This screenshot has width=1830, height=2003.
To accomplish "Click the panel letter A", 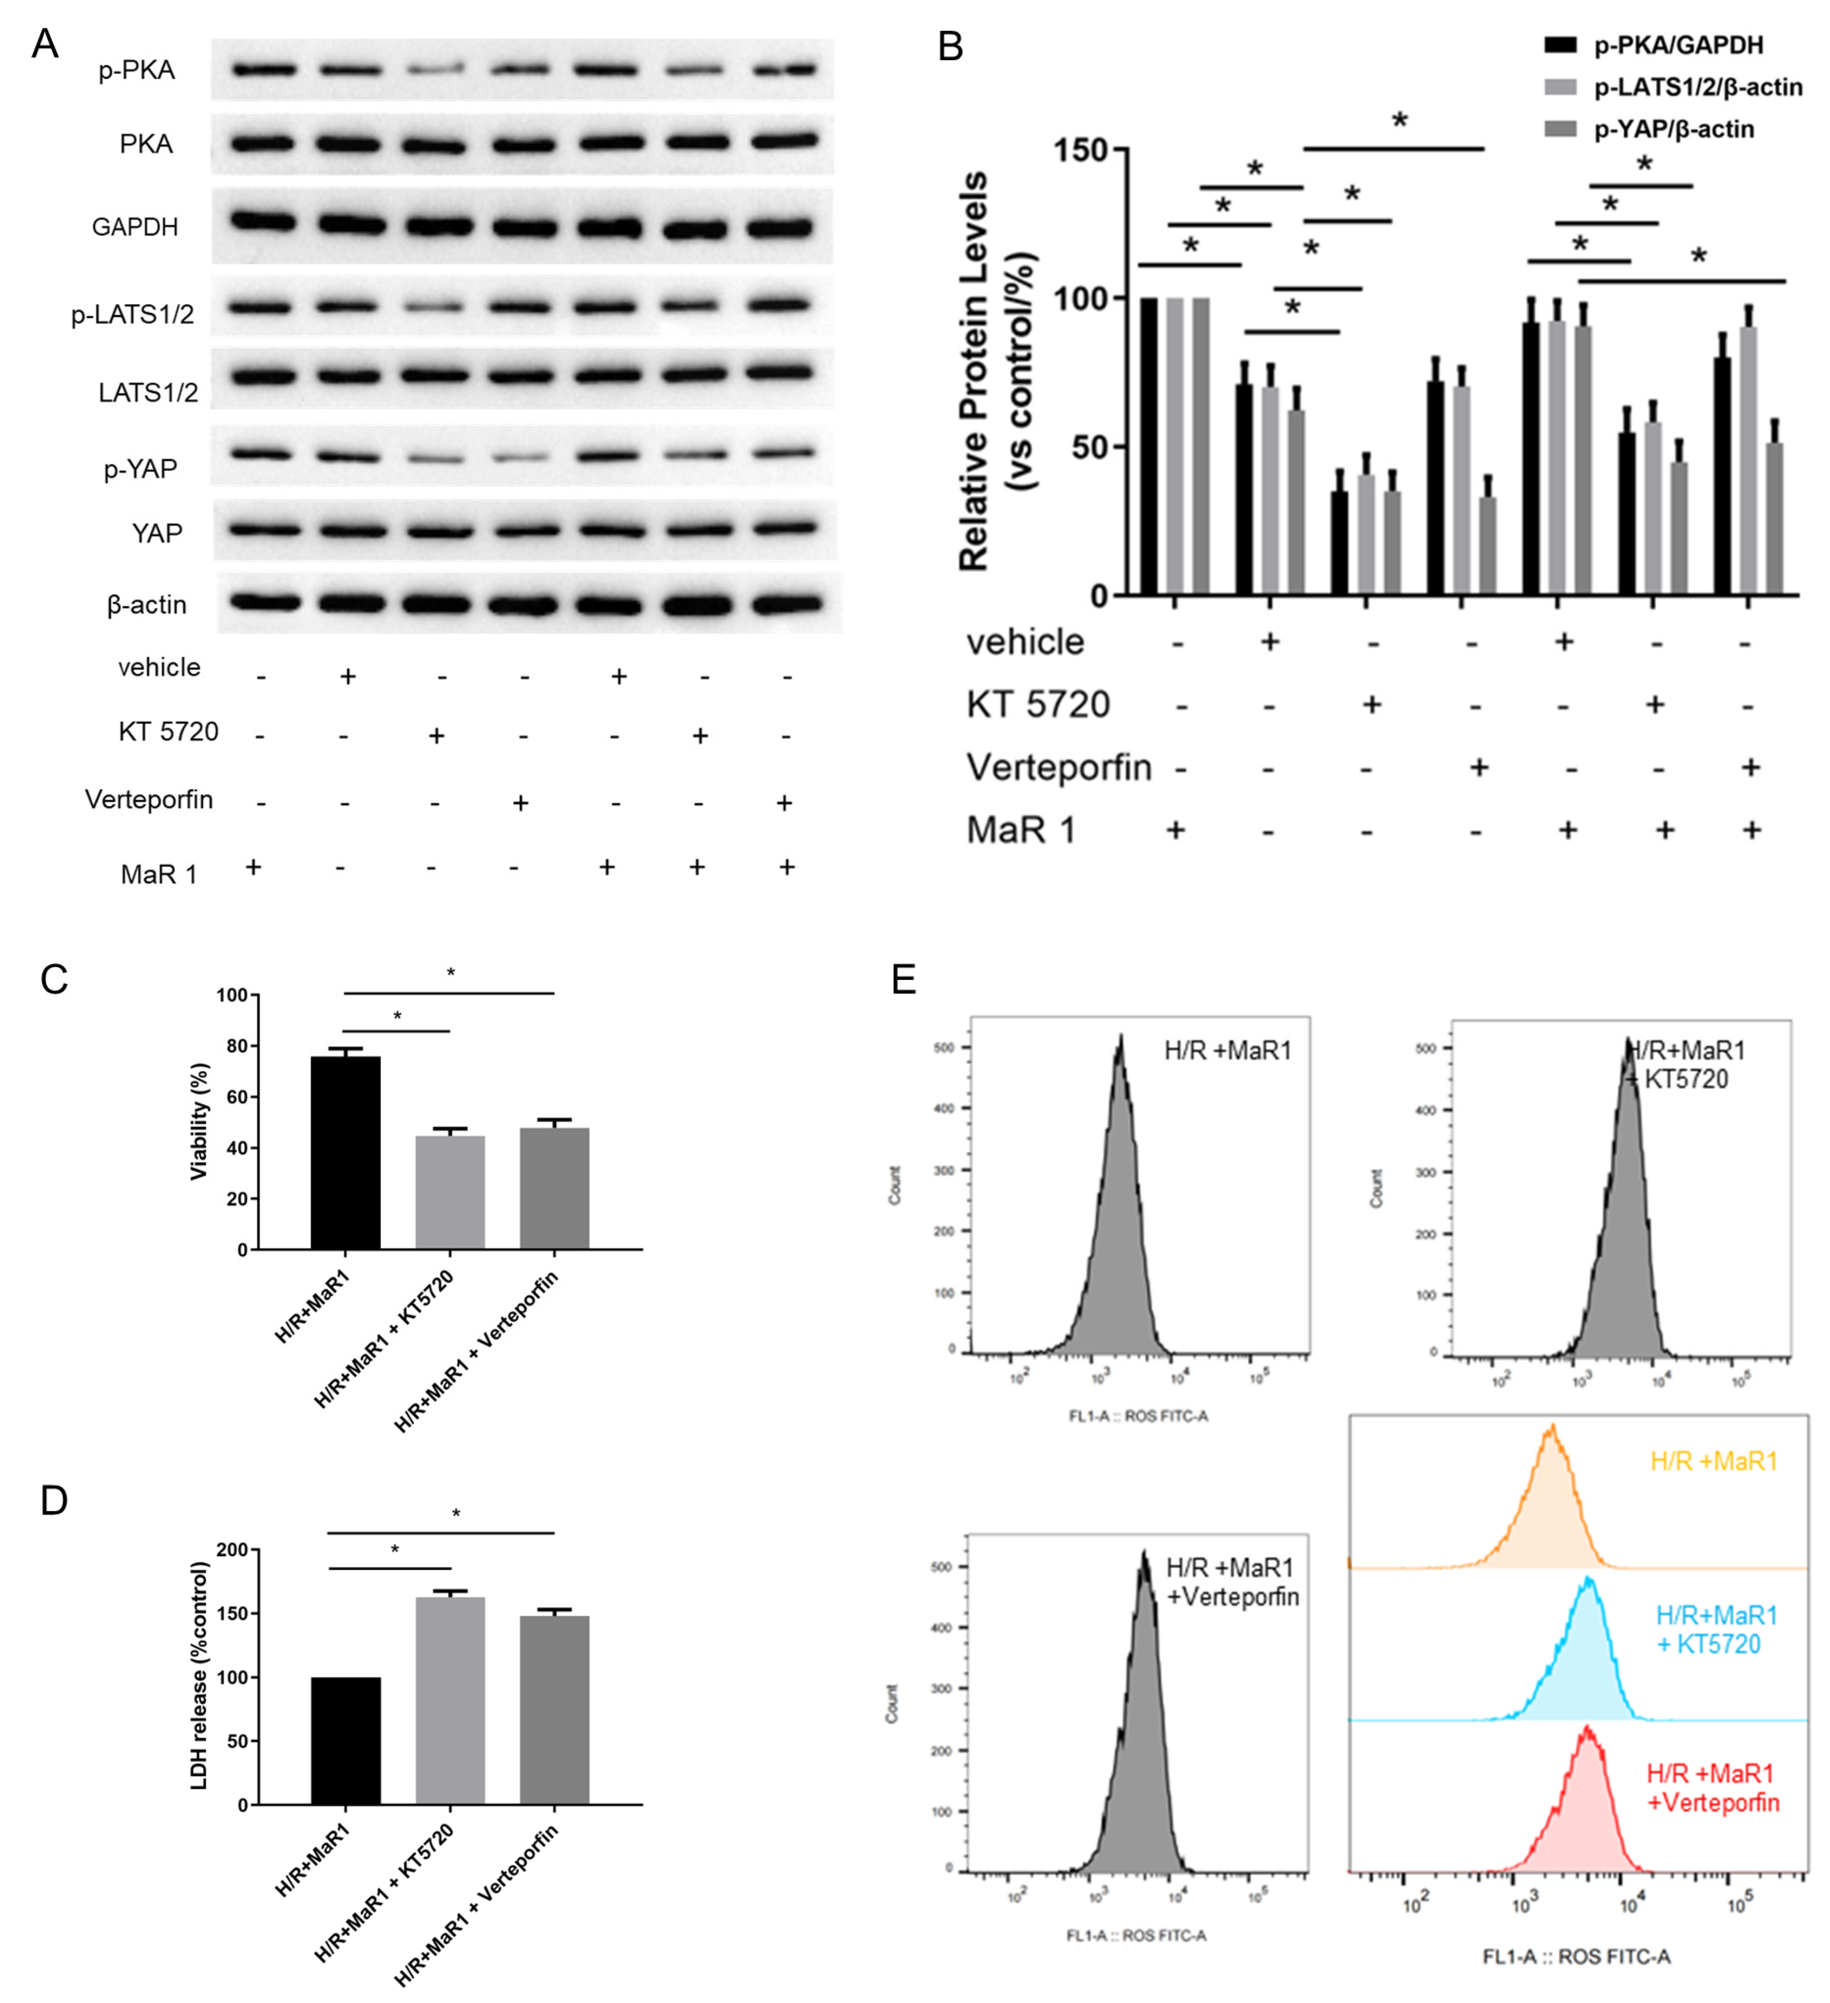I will (45, 45).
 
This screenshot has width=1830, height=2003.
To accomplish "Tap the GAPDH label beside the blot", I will (135, 228).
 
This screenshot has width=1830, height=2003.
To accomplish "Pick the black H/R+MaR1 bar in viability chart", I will (345, 1153).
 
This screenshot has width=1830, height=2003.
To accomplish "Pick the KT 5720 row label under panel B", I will (1038, 705).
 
